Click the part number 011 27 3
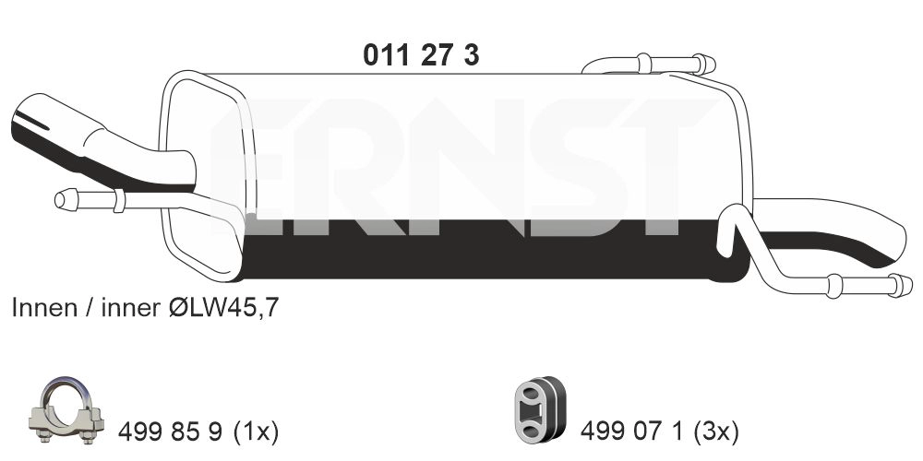[421, 55]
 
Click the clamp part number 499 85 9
[172, 430]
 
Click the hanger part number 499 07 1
[633, 430]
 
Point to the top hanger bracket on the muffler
[646, 65]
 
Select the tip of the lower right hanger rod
[905, 286]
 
